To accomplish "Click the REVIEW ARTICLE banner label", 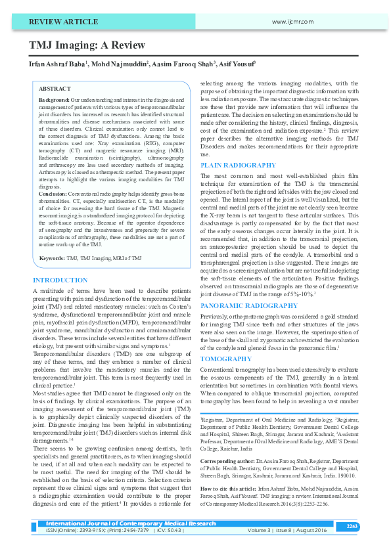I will pos(58,22).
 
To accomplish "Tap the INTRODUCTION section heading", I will pos(60,280).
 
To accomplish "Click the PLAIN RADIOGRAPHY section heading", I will pos(237,165).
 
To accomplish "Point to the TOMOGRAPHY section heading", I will pos(225,359).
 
